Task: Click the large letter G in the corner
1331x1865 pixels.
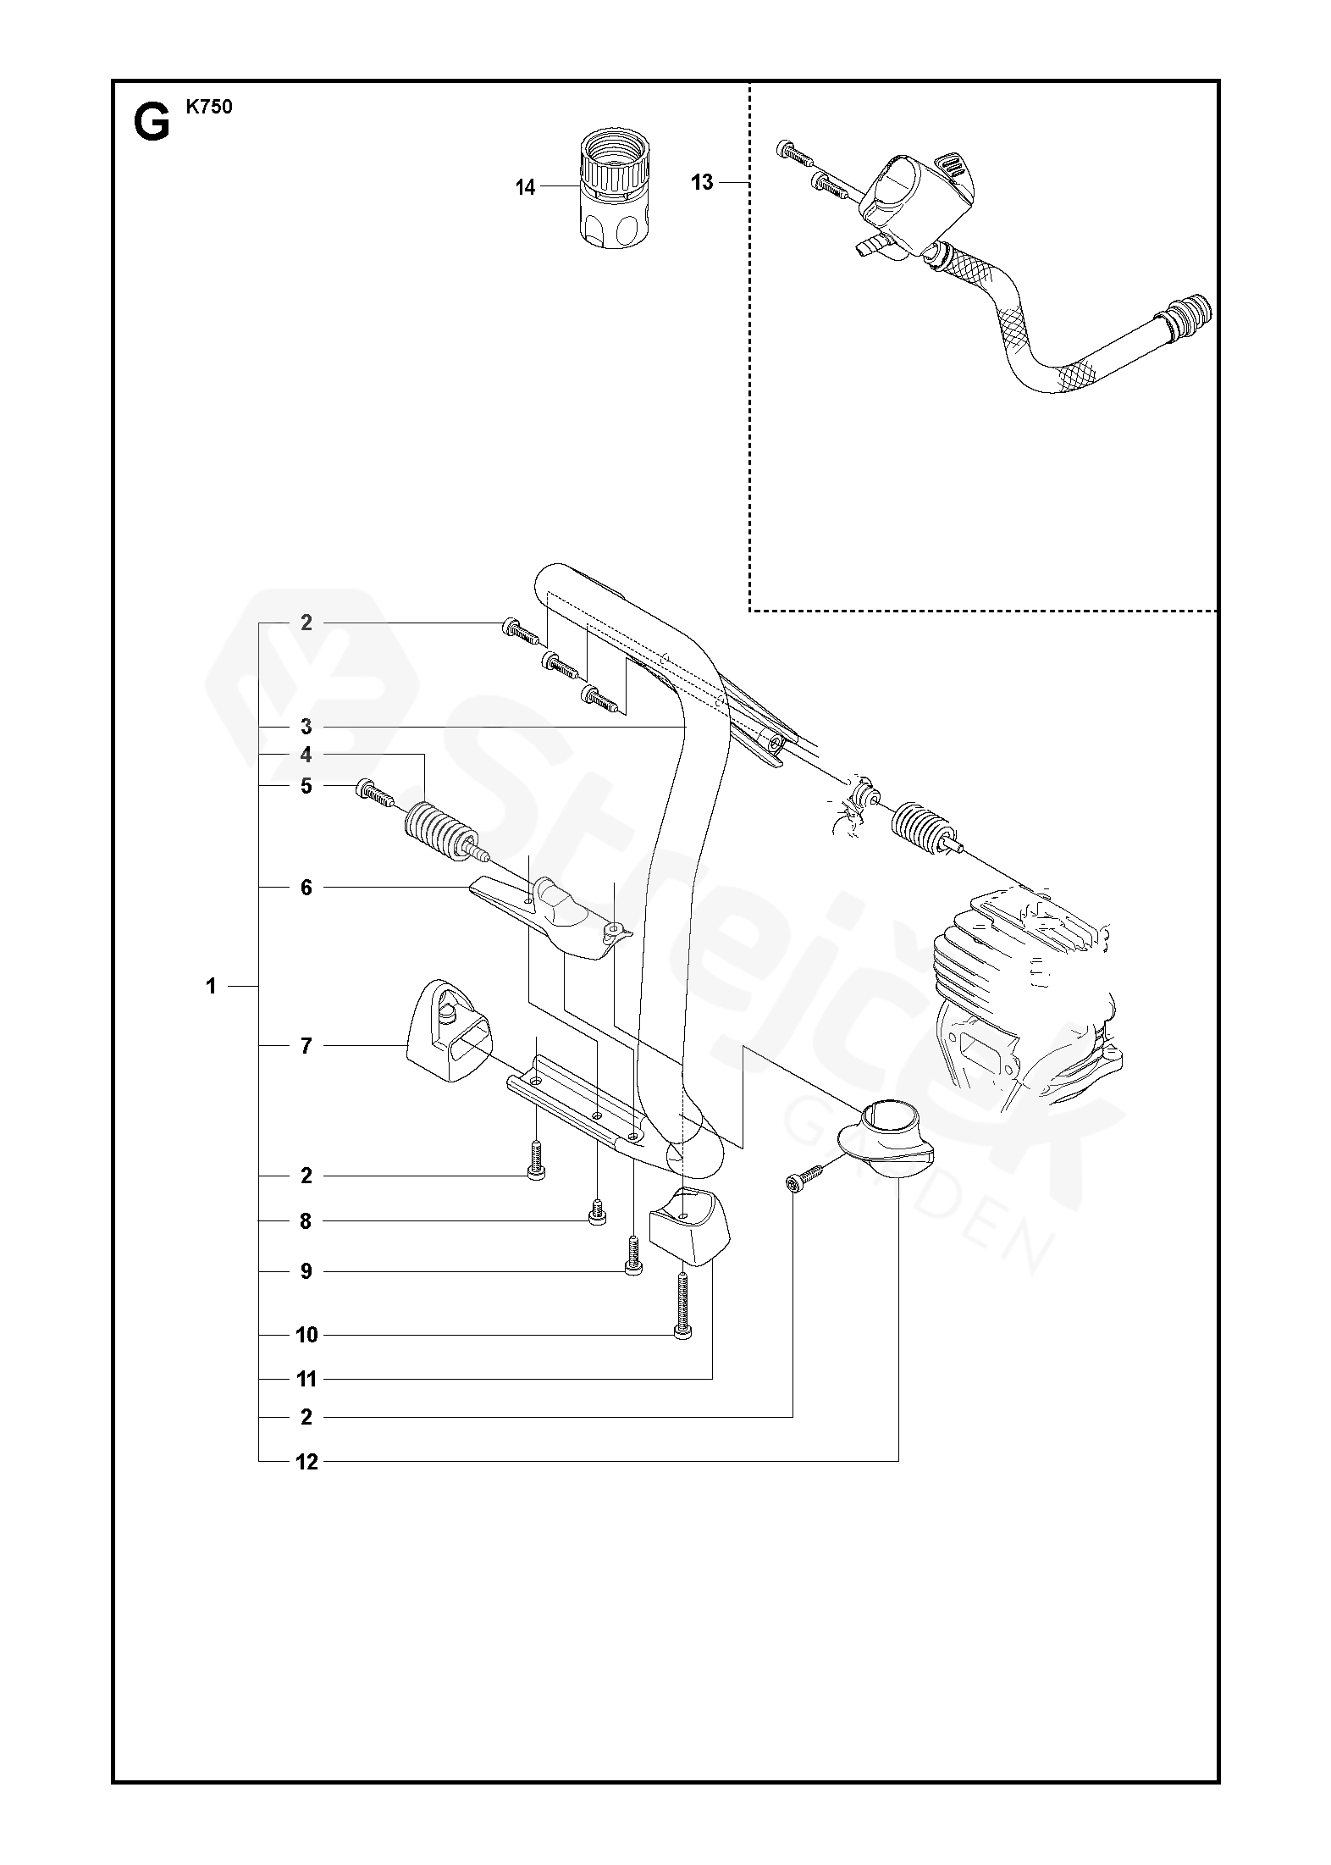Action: click(151, 125)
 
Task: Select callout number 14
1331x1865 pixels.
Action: click(526, 188)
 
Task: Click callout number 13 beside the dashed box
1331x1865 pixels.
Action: click(702, 182)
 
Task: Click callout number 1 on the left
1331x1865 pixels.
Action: click(211, 986)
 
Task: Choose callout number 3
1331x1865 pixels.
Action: click(307, 727)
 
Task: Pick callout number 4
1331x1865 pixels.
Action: click(307, 755)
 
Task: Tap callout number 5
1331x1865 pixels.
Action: click(307, 786)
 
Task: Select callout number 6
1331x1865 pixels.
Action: click(307, 888)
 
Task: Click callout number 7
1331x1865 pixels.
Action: click(307, 1046)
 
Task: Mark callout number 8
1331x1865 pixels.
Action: click(307, 1221)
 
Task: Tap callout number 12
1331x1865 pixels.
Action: click(307, 1463)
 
